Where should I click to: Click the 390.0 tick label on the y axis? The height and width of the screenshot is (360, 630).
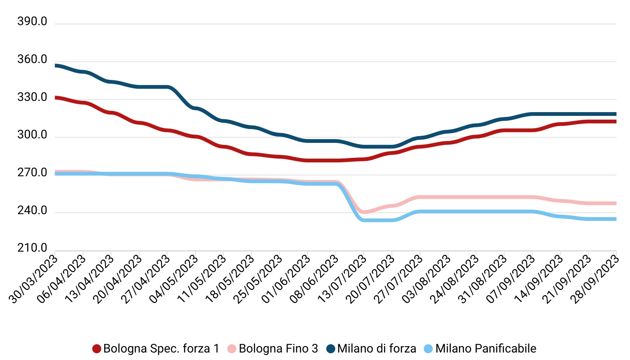point(32,22)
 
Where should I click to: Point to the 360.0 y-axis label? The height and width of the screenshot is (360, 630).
point(32,60)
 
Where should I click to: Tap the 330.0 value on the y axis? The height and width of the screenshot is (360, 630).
point(32,97)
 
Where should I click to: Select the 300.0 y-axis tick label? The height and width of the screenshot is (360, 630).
point(32,135)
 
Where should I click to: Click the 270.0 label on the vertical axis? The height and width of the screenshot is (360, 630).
point(32,173)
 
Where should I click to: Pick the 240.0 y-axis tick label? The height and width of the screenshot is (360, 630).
point(32,211)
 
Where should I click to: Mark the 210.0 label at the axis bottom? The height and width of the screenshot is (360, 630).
point(32,248)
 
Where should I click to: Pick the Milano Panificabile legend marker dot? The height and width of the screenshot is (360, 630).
point(428,349)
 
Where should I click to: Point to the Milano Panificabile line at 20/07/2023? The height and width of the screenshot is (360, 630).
point(392,220)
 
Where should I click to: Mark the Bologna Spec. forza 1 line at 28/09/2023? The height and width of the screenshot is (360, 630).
point(615,121)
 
